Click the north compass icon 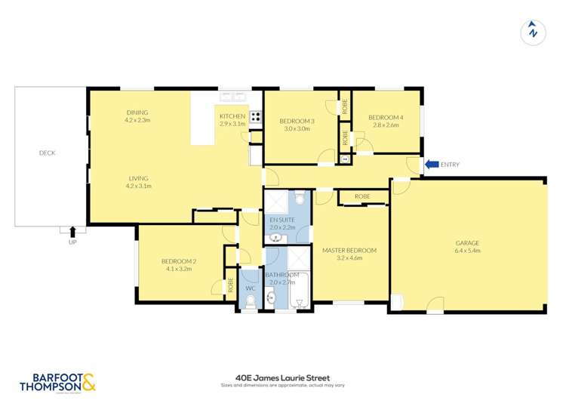pos(533,32)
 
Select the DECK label pos(48,153)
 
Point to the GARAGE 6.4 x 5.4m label pos(467,247)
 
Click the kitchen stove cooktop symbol pos(256,117)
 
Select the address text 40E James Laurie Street pos(283,378)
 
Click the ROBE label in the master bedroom pos(362,196)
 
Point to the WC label pos(251,288)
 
